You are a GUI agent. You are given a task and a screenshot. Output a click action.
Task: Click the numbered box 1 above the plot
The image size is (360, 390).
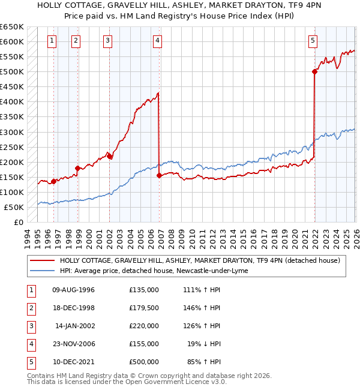pos(52,41)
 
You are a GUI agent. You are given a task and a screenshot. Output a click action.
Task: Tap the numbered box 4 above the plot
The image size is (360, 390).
pos(157,41)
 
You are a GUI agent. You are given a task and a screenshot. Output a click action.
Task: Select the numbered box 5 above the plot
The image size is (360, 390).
pos(313,41)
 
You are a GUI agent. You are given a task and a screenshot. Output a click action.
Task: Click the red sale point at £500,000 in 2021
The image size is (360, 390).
pos(314,71)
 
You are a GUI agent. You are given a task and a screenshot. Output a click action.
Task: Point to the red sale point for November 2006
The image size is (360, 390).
pos(159,175)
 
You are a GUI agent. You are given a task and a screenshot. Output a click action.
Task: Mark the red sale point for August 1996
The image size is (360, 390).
pos(53,181)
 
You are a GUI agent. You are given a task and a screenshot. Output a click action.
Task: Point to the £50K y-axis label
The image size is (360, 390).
pos(14,207)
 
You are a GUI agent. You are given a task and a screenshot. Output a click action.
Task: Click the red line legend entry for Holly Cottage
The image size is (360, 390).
pos(200,260)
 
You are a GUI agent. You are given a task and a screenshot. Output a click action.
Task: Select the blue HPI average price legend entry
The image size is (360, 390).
pos(157,271)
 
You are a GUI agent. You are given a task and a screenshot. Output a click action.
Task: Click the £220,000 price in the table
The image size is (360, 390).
pos(143,326)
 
